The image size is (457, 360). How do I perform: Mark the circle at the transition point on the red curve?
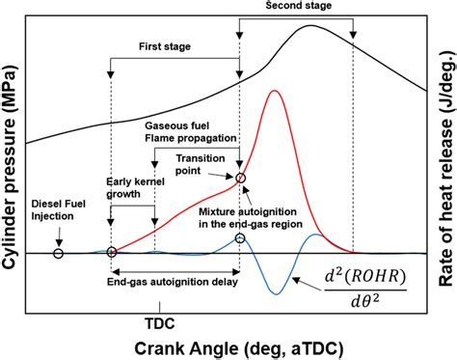(x=240, y=177)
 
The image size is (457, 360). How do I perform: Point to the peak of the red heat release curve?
(x=277, y=91)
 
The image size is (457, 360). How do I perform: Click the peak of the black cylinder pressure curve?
(x=310, y=25)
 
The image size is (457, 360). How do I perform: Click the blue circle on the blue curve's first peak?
(x=240, y=237)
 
